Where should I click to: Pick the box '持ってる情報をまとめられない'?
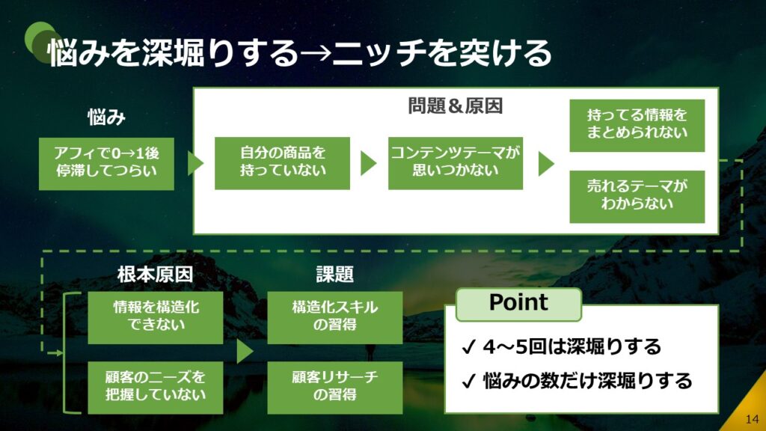[x=637, y=125]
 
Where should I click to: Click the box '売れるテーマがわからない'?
[x=637, y=196]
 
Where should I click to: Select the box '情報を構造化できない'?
[x=156, y=317]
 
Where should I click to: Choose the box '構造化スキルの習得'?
[x=334, y=317]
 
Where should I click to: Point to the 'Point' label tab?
[x=518, y=303]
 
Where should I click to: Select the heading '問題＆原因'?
[x=455, y=106]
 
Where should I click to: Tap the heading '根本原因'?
[x=156, y=275]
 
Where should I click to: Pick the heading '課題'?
[x=334, y=275]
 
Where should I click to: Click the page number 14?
[x=752, y=418]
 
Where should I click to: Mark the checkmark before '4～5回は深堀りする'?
[x=469, y=348]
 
